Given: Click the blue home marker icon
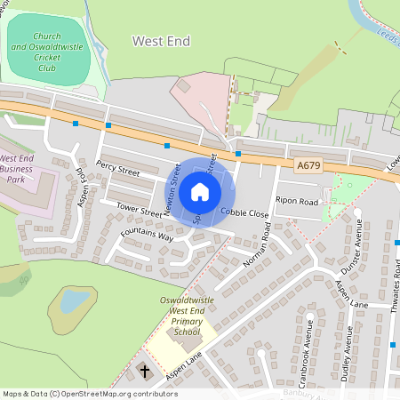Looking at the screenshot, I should pos(200,191).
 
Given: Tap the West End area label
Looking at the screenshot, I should pos(162,41).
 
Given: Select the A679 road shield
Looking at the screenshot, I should pos(308,165).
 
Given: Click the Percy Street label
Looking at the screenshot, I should pos(119,166).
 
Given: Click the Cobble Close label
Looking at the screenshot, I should pos(244,213).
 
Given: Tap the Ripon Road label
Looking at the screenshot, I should pos(297,202).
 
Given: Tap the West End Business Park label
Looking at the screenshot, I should pos(17,167).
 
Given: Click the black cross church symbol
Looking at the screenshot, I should pos(144,369).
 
